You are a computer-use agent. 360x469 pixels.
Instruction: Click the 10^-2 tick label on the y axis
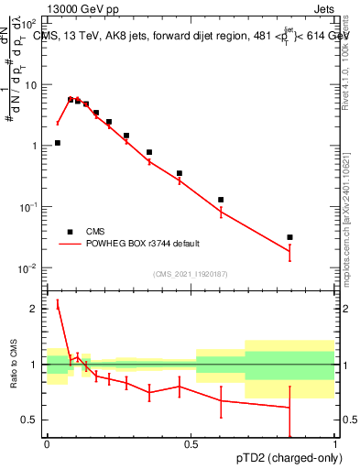pos(28,267)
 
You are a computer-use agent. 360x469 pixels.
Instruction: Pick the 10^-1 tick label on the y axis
pos(28,207)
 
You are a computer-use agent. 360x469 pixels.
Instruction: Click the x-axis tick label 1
pos(334,445)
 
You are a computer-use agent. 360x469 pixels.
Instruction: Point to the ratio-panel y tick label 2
pos(36,309)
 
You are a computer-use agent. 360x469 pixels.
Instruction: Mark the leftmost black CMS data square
pos(58,143)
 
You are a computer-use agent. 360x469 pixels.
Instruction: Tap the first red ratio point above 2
pos(58,305)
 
